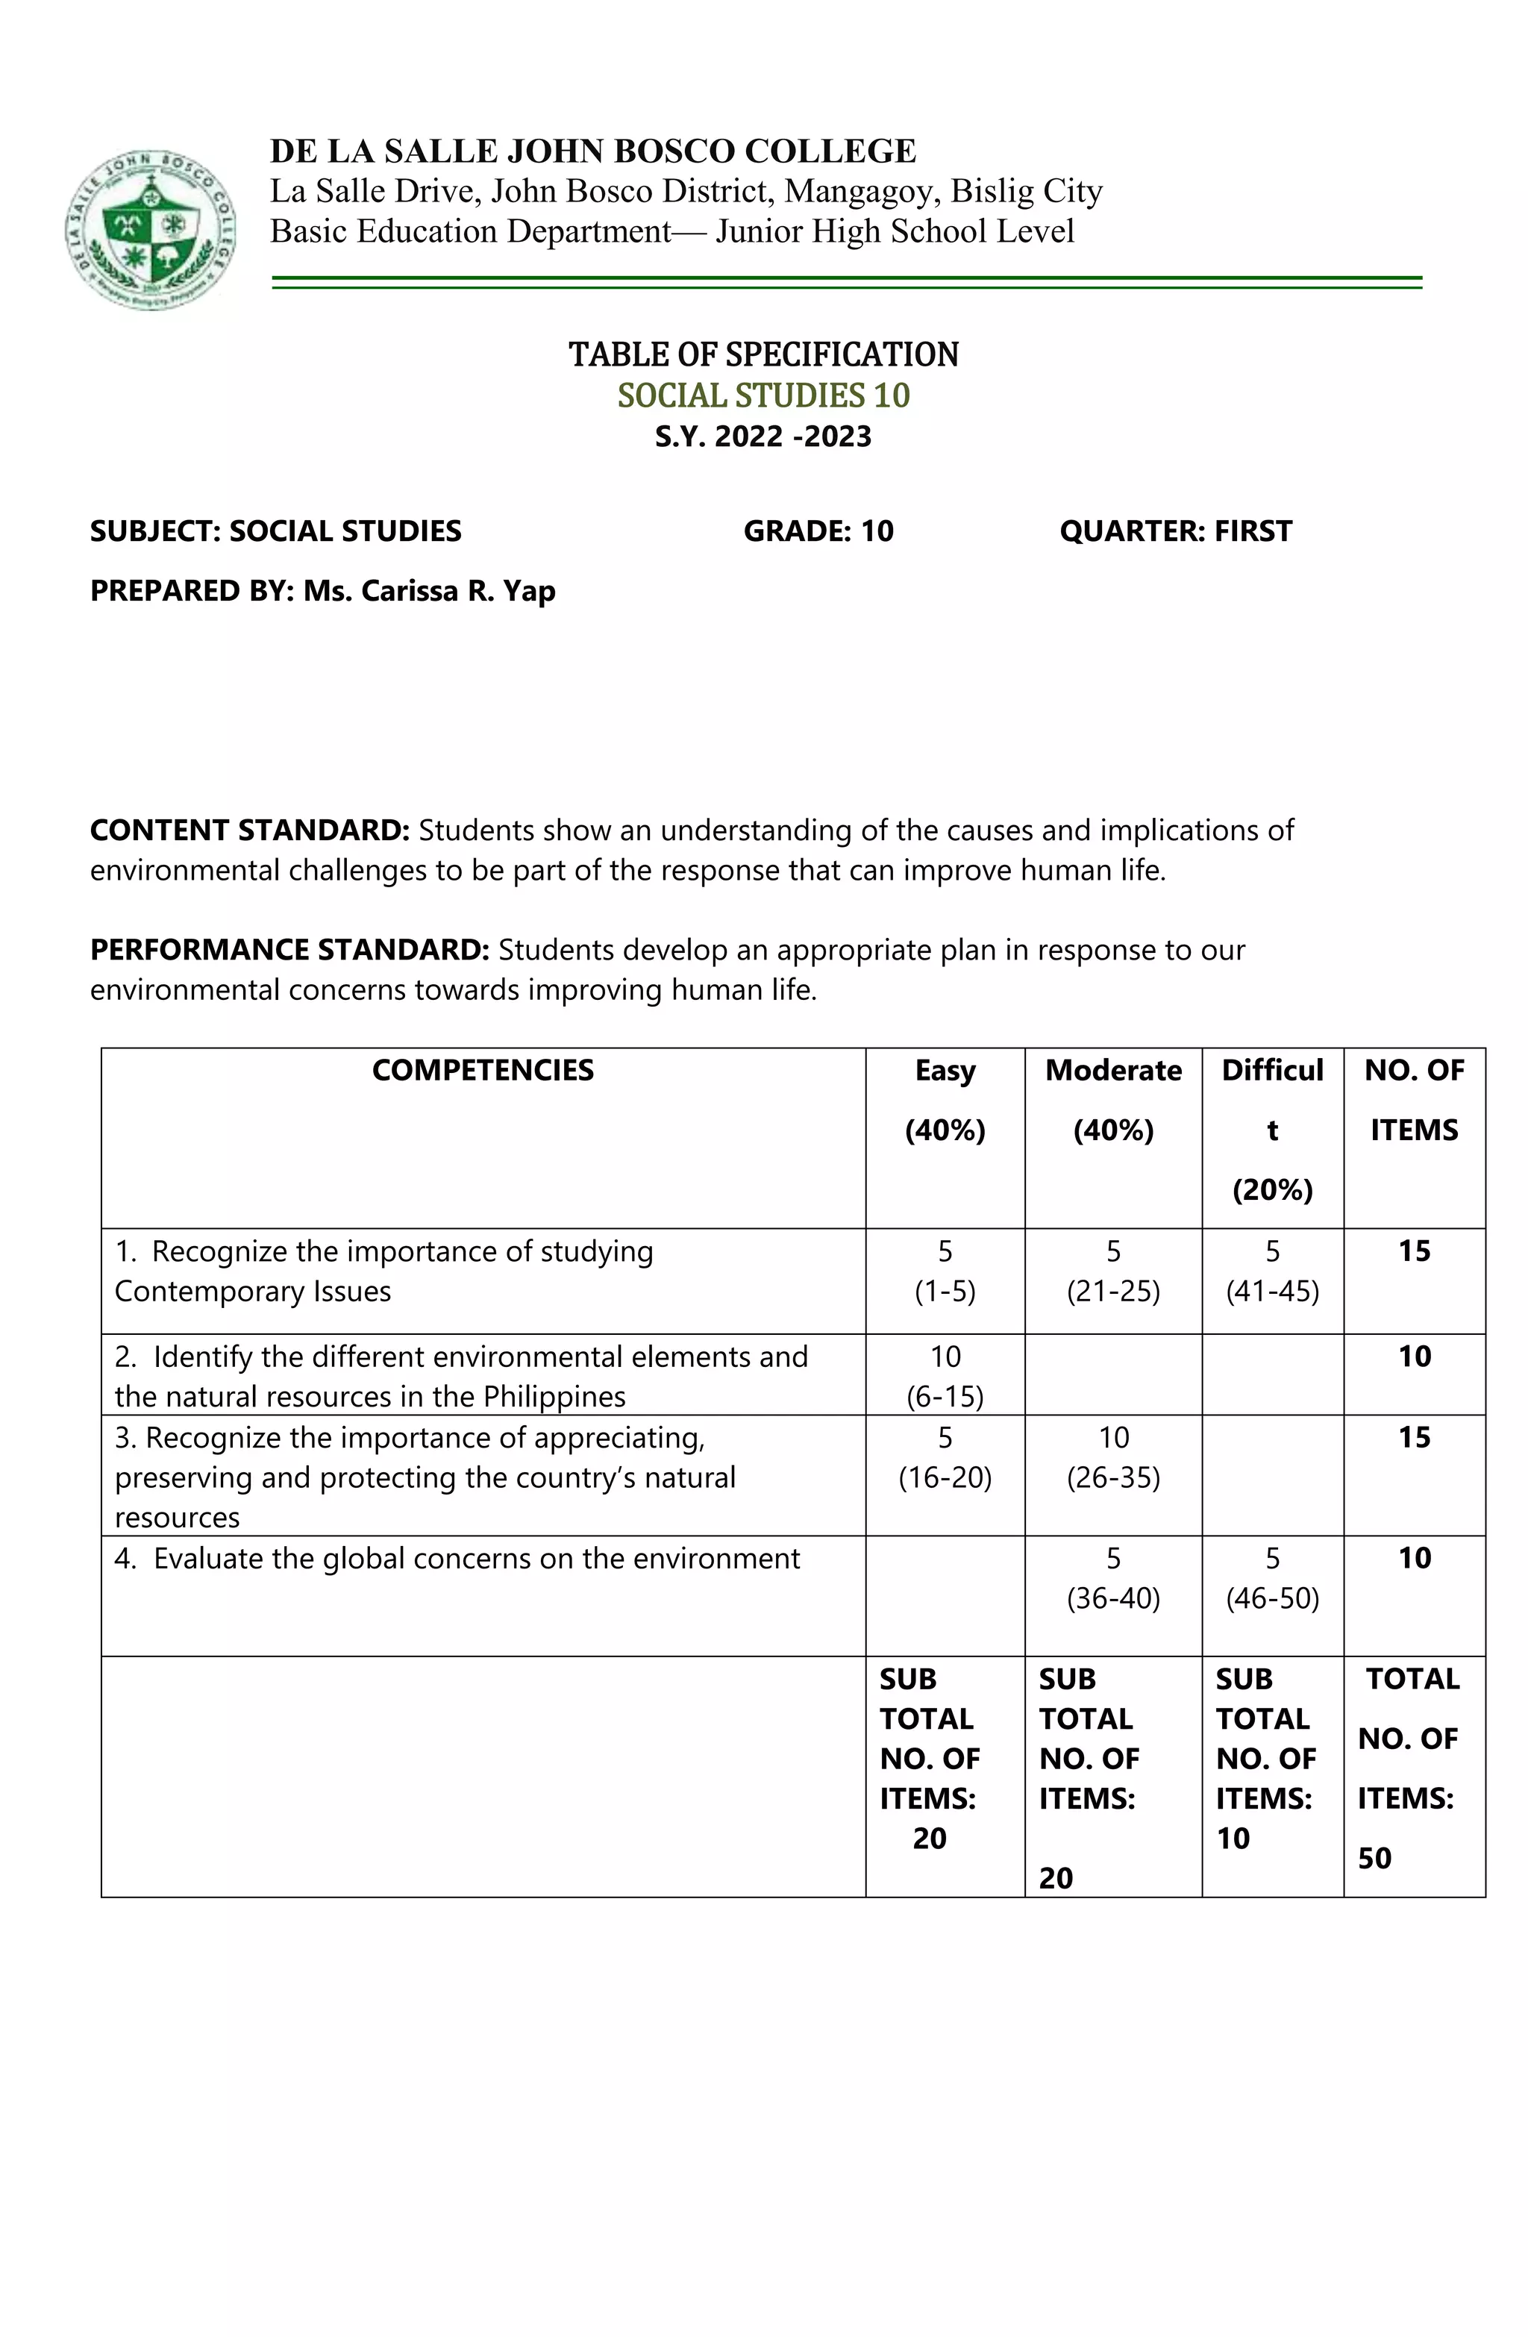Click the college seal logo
coord(151,230)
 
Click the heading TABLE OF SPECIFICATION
coord(763,354)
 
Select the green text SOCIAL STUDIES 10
coord(763,395)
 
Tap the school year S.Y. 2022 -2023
coord(763,436)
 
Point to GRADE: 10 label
coord(818,531)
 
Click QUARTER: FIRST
coord(1175,531)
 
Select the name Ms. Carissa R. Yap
coord(429,591)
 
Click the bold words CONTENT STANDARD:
coord(249,830)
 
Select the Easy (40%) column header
coord(945,1100)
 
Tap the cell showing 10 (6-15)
coord(945,1376)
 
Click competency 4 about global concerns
coord(457,1559)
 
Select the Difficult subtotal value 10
coord(1233,1838)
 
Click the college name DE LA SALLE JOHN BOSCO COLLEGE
coord(593,151)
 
